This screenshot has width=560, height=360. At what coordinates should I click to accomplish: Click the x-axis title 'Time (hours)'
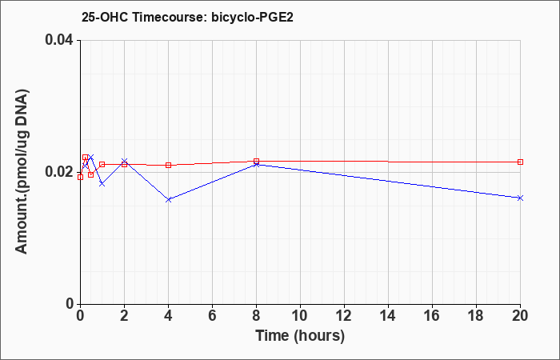coord(300,335)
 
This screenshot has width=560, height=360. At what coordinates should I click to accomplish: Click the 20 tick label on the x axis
coord(521,316)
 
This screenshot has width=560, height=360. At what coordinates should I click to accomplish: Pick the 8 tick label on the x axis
coord(257,316)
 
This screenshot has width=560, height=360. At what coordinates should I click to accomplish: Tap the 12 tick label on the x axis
coord(344,316)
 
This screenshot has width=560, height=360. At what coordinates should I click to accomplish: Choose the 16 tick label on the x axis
coord(433,316)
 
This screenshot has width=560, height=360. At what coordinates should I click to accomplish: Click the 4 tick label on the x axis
coord(168,316)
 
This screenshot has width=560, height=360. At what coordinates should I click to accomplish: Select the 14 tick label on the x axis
coord(389,316)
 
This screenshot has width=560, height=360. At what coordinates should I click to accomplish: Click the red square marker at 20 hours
coord(521,162)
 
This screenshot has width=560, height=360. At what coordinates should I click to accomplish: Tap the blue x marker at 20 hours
coord(521,198)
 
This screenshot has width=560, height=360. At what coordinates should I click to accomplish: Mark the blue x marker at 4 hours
coord(168,199)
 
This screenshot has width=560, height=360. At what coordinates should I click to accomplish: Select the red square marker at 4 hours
coord(168,165)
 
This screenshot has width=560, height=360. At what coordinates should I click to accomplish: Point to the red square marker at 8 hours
coord(257,161)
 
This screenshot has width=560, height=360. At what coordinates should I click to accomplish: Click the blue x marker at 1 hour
coord(102,184)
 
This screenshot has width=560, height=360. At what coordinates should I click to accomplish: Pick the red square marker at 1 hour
coord(102,164)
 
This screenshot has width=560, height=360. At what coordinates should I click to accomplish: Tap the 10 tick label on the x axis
coord(300,316)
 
